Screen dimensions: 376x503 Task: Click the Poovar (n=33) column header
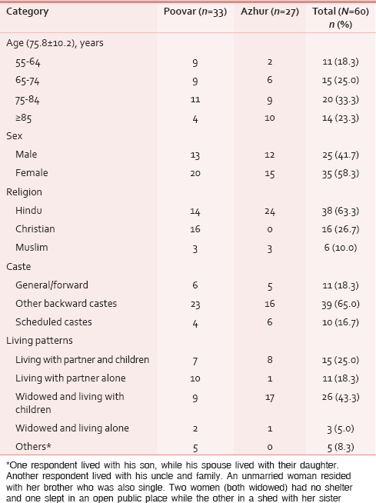click(x=195, y=12)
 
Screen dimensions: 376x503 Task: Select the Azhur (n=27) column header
click(x=270, y=12)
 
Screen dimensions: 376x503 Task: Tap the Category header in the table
click(x=27, y=12)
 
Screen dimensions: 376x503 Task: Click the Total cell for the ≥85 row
click(x=341, y=118)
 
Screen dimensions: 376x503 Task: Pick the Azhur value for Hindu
click(x=270, y=212)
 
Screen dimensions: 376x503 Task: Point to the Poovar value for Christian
click(x=195, y=229)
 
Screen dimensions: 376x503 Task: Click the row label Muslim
click(x=32, y=248)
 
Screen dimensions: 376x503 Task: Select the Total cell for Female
click(x=341, y=174)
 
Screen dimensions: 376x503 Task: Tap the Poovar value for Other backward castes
click(x=195, y=304)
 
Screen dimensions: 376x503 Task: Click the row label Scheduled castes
click(x=54, y=321)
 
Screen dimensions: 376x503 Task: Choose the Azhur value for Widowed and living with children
click(x=270, y=398)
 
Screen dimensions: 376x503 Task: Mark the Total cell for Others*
click(x=341, y=448)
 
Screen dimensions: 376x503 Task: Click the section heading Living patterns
click(x=39, y=341)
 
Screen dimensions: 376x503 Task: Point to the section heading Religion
click(x=24, y=192)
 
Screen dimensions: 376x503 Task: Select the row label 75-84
click(x=27, y=100)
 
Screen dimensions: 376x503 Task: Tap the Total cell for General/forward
click(x=341, y=285)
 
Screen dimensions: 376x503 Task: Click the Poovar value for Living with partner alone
click(x=195, y=378)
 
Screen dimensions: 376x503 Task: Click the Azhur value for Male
click(x=270, y=155)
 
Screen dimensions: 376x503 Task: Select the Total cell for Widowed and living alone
click(x=341, y=429)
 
